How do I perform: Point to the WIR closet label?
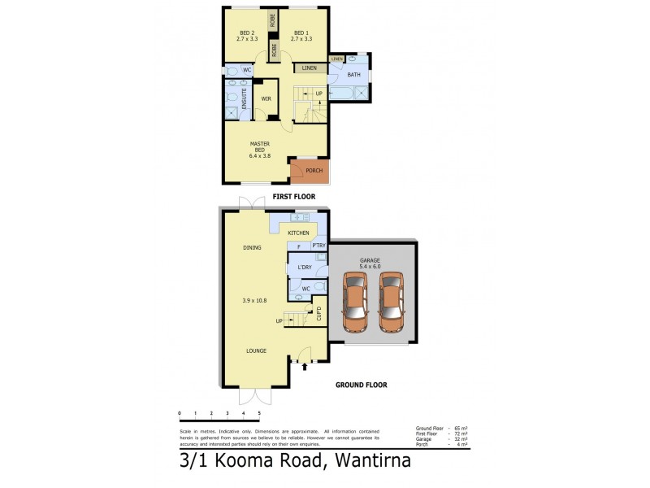266,99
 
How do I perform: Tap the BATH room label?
353,75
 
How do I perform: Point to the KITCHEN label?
298,233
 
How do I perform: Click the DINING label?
251,247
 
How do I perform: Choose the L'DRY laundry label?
305,267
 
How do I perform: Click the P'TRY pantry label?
318,246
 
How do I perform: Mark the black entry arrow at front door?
305,367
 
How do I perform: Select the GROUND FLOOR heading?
361,385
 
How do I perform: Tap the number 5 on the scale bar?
258,414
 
